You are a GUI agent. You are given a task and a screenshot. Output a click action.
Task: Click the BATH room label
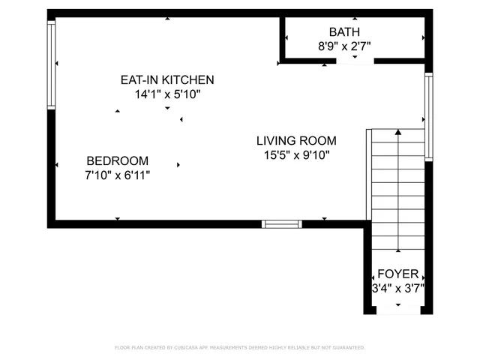[344, 31]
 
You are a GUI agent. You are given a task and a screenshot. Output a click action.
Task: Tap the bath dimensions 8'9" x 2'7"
[344, 46]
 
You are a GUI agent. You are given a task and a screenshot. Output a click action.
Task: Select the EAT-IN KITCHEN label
[167, 80]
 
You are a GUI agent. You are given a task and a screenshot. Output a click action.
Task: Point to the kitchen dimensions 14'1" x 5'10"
[167, 94]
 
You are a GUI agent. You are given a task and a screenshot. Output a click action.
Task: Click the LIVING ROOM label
[296, 141]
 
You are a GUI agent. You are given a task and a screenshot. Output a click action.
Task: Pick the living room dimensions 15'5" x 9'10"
[297, 155]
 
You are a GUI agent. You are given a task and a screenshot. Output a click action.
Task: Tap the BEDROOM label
[118, 161]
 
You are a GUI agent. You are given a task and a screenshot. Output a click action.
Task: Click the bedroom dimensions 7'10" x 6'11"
[118, 175]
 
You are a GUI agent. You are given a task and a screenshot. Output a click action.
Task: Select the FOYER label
[398, 274]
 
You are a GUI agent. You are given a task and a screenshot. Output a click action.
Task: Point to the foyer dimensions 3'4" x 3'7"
[398, 288]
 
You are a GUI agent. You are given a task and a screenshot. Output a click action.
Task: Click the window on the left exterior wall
[51, 65]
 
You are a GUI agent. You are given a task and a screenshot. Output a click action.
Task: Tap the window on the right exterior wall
[429, 117]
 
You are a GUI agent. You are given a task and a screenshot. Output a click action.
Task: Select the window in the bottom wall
[282, 224]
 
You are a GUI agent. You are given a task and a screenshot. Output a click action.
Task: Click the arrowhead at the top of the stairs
[398, 132]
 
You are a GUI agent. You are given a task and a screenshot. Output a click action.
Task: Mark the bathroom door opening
[355, 61]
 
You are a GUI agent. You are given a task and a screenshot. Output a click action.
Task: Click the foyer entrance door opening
[398, 310]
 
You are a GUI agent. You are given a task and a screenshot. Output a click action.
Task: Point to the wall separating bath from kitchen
[283, 38]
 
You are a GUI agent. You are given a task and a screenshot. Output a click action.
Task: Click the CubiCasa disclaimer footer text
[240, 348]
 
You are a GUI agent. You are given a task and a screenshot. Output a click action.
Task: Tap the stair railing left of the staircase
[369, 175]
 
